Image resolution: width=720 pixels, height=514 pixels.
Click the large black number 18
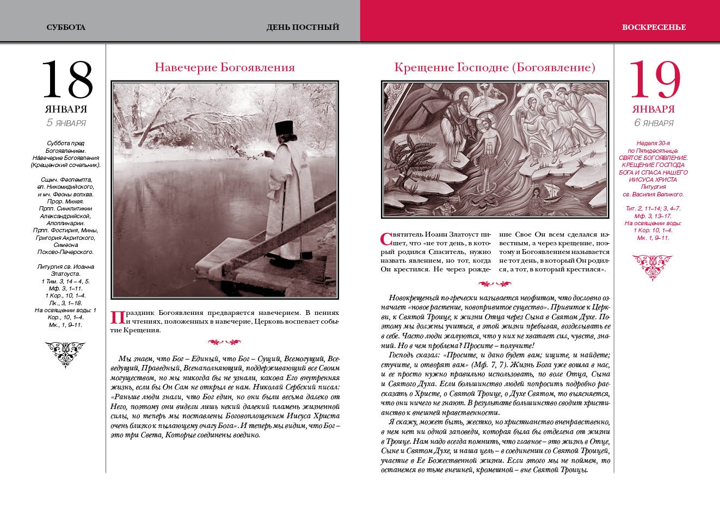67,79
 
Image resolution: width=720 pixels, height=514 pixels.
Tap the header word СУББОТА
66,27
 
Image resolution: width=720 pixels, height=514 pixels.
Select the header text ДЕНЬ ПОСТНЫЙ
303,27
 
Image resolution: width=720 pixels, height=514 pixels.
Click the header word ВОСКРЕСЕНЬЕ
654,27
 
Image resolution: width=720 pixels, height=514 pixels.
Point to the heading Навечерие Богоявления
225,67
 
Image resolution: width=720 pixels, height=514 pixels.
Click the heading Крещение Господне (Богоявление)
495,67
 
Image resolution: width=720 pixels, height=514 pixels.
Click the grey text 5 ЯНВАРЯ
66,122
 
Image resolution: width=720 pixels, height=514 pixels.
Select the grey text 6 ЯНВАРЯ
654,122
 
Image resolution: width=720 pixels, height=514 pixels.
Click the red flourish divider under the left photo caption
225,342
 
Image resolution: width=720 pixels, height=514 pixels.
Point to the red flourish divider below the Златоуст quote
495,283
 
